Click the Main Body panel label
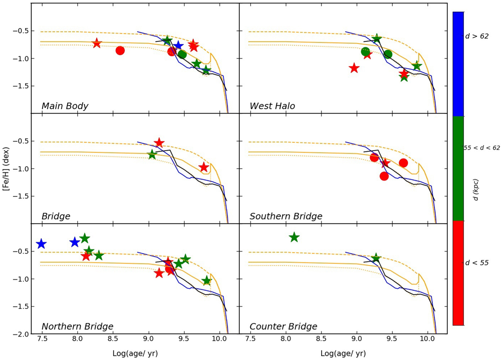click(65, 106)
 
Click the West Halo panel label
click(272, 106)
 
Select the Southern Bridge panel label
click(286, 216)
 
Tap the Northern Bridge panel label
click(77, 327)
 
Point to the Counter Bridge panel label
click(283, 327)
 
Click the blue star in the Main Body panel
click(179, 46)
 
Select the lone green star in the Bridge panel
click(152, 155)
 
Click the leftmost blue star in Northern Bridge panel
click(41, 244)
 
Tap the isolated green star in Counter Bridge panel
click(294, 237)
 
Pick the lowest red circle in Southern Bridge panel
click(384, 176)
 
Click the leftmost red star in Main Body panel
click(97, 43)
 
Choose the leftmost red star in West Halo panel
click(354, 68)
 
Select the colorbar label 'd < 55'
click(478, 263)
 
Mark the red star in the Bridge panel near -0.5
click(159, 143)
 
